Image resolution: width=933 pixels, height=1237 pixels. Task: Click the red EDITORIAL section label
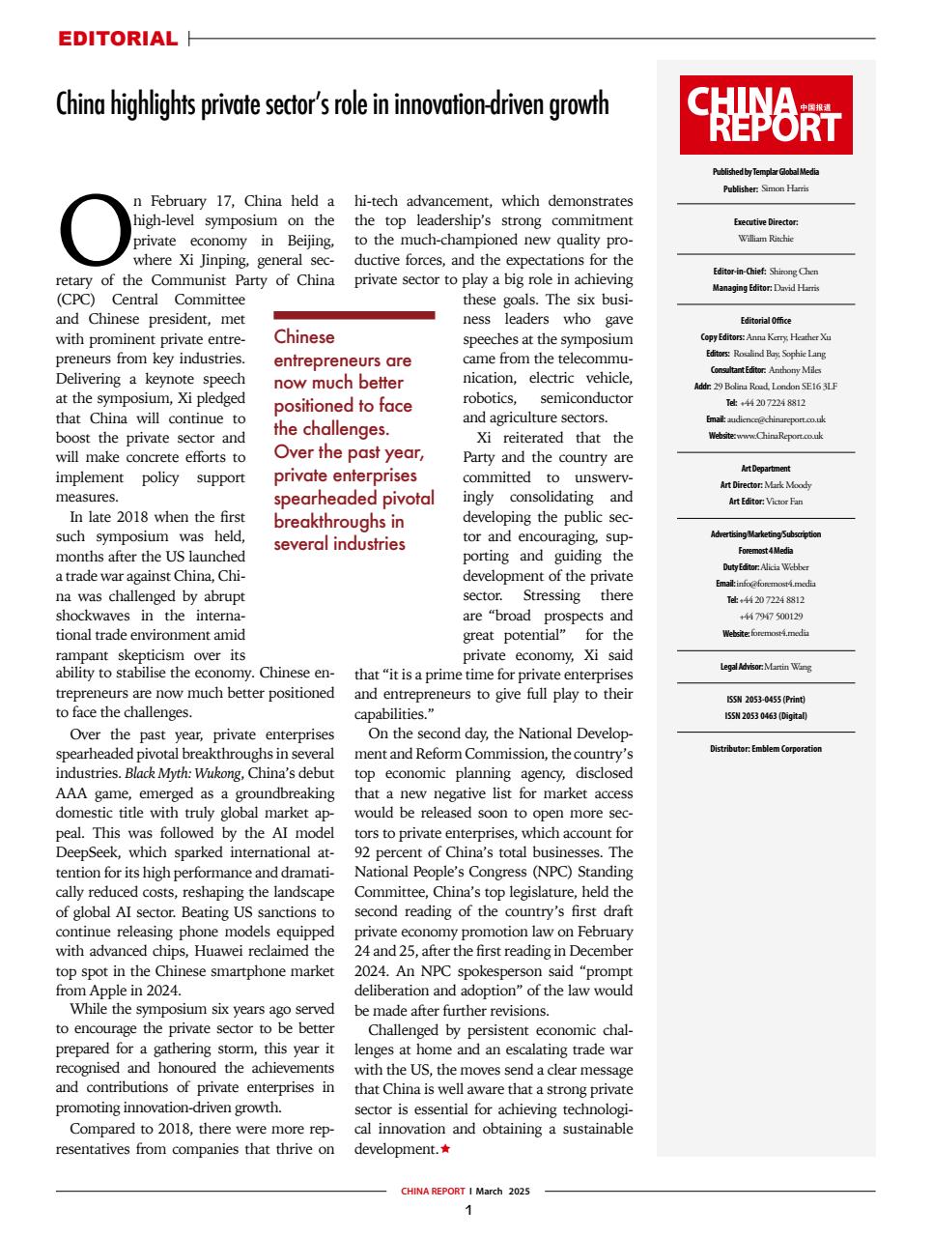pos(118,40)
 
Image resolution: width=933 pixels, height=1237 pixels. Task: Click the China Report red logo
pos(766,115)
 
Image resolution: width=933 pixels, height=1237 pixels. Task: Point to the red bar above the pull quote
pos(354,315)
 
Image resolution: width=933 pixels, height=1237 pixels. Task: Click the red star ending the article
pos(445,1149)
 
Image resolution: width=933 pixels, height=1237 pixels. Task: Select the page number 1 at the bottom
pos(468,1210)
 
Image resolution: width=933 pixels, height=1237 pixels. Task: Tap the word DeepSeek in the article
pos(89,852)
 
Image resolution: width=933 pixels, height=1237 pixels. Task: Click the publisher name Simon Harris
pos(784,188)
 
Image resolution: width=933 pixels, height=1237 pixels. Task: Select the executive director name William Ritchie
pos(765,238)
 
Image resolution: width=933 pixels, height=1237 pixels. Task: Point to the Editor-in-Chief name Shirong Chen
pos(793,272)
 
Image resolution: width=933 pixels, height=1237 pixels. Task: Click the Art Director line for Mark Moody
pos(765,485)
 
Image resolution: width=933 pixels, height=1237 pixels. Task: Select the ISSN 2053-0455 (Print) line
pos(765,700)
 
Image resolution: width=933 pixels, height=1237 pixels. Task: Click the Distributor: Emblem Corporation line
pos(765,749)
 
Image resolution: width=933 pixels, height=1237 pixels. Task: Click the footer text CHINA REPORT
pos(433,1192)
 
